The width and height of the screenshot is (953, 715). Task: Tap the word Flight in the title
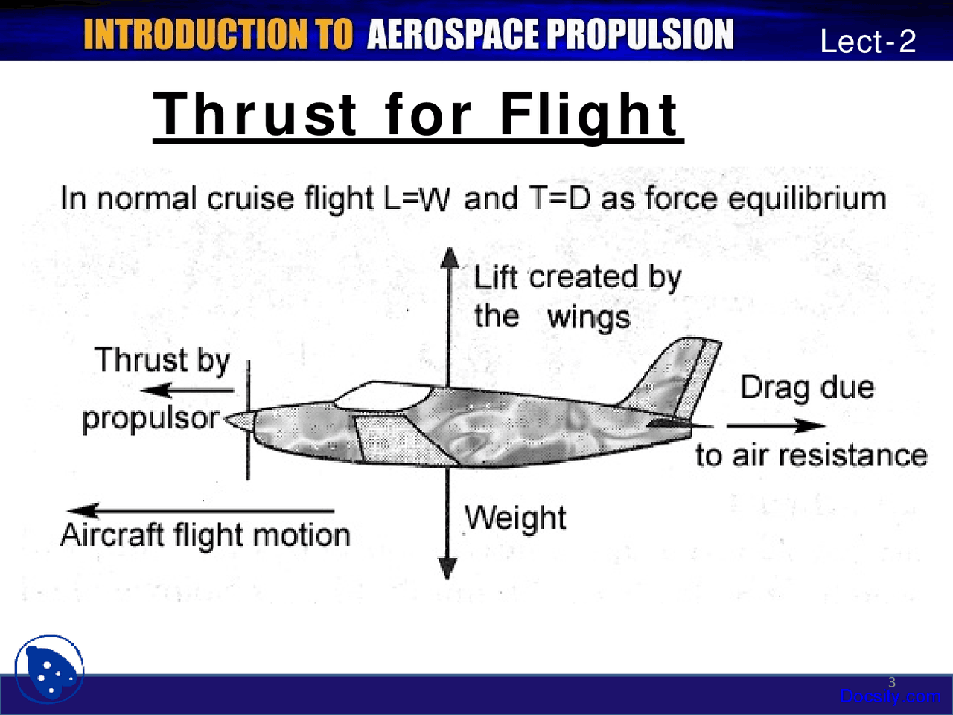[x=588, y=115]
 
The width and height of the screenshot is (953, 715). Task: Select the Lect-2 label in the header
[x=867, y=41]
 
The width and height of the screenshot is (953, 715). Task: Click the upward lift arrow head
[x=449, y=257]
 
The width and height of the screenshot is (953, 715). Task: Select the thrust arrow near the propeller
[x=186, y=390]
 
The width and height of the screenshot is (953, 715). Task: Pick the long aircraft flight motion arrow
[x=201, y=511]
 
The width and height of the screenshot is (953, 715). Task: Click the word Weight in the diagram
[x=514, y=518]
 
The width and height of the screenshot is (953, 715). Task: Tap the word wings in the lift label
[x=588, y=317]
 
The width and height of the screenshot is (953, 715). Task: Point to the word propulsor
[x=151, y=419]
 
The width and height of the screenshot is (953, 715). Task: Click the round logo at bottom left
[x=49, y=668]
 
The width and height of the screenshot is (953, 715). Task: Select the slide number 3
[x=892, y=682]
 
